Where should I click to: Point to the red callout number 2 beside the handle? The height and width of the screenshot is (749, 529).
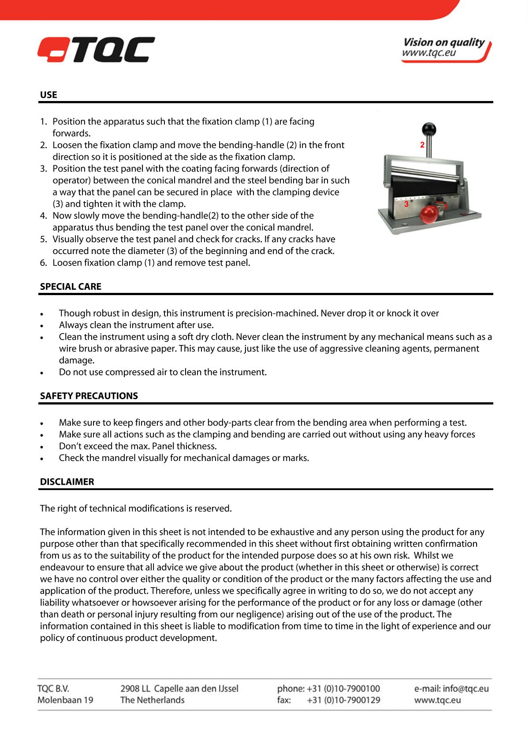point(422,145)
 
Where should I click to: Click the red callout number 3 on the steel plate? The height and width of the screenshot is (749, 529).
point(406,205)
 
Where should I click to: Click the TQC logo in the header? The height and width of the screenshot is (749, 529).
point(97,49)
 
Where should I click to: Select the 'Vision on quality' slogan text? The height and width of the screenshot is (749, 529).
point(443,42)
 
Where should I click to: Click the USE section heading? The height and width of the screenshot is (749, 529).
point(48,95)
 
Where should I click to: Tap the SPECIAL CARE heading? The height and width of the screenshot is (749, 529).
point(71,287)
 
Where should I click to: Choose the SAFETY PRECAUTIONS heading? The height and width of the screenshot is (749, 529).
point(89,396)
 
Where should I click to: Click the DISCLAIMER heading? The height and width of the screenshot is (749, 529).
point(67,482)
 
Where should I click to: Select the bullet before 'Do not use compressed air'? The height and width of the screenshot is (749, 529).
point(42,373)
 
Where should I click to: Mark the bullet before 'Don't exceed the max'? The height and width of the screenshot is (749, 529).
point(42,447)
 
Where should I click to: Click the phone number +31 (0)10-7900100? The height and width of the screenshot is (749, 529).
point(343,689)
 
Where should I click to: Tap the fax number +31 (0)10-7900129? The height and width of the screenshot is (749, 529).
point(343,700)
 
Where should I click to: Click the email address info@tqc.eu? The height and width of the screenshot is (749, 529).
point(466,689)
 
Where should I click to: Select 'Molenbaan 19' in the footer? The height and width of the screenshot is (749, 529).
point(65,700)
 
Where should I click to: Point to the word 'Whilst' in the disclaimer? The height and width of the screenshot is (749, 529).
point(428,556)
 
